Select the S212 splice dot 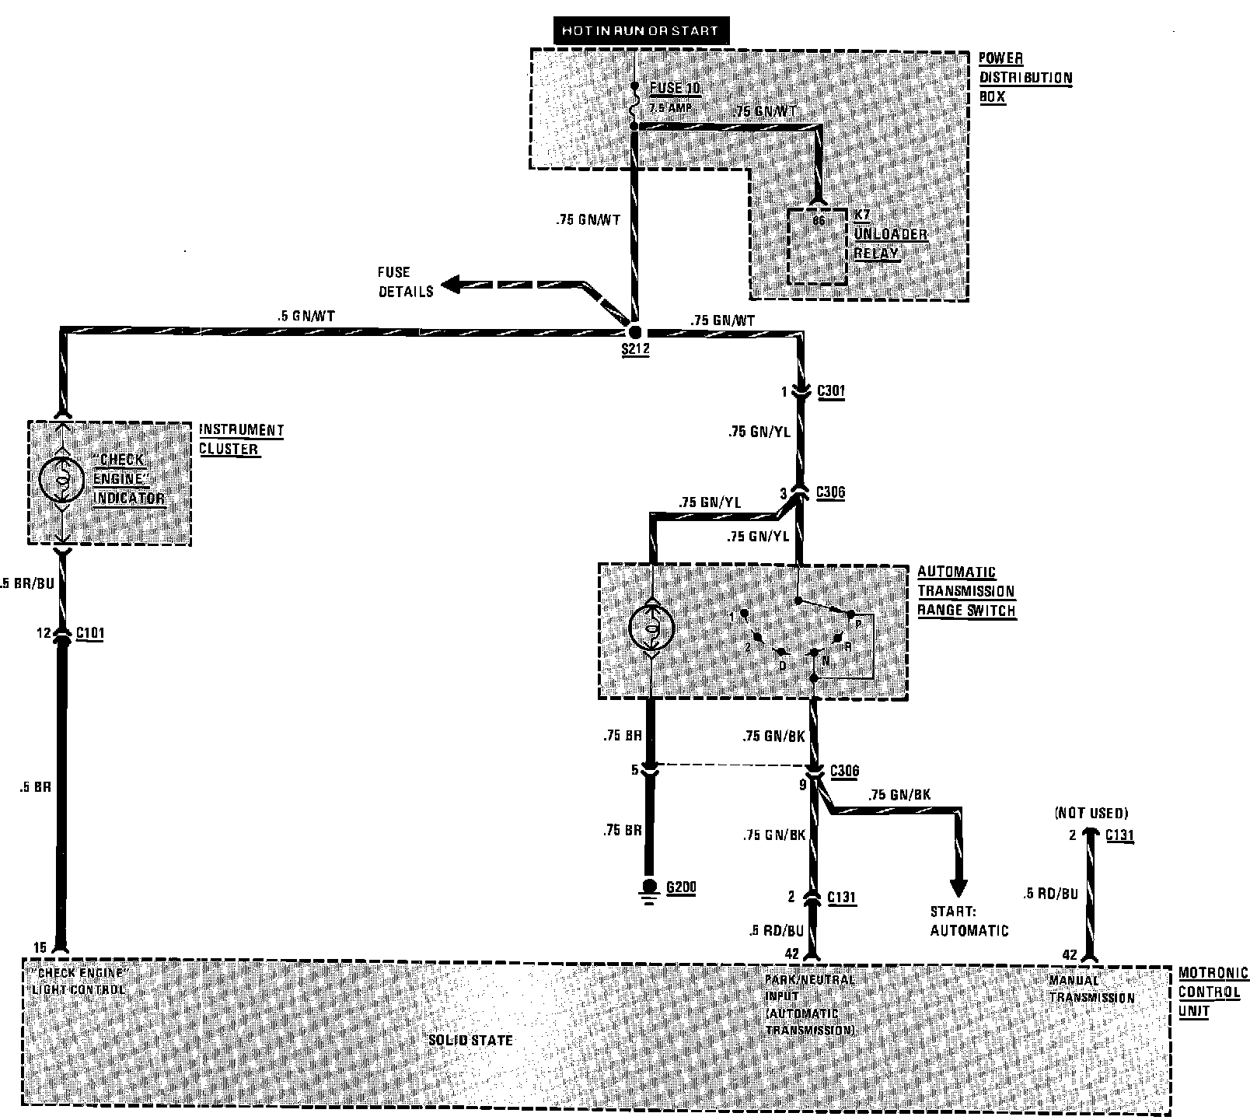635,332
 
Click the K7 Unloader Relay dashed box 817,247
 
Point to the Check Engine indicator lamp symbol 61,478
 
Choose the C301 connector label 831,391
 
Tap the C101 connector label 89,633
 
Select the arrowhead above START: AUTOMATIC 958,887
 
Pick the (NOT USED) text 1091,813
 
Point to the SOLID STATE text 470,1040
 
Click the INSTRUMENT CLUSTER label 241,439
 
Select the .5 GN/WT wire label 306,317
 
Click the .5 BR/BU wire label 28,583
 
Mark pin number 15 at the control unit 40,947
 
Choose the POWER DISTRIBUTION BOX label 1025,78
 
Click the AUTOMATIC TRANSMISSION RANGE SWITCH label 966,591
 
